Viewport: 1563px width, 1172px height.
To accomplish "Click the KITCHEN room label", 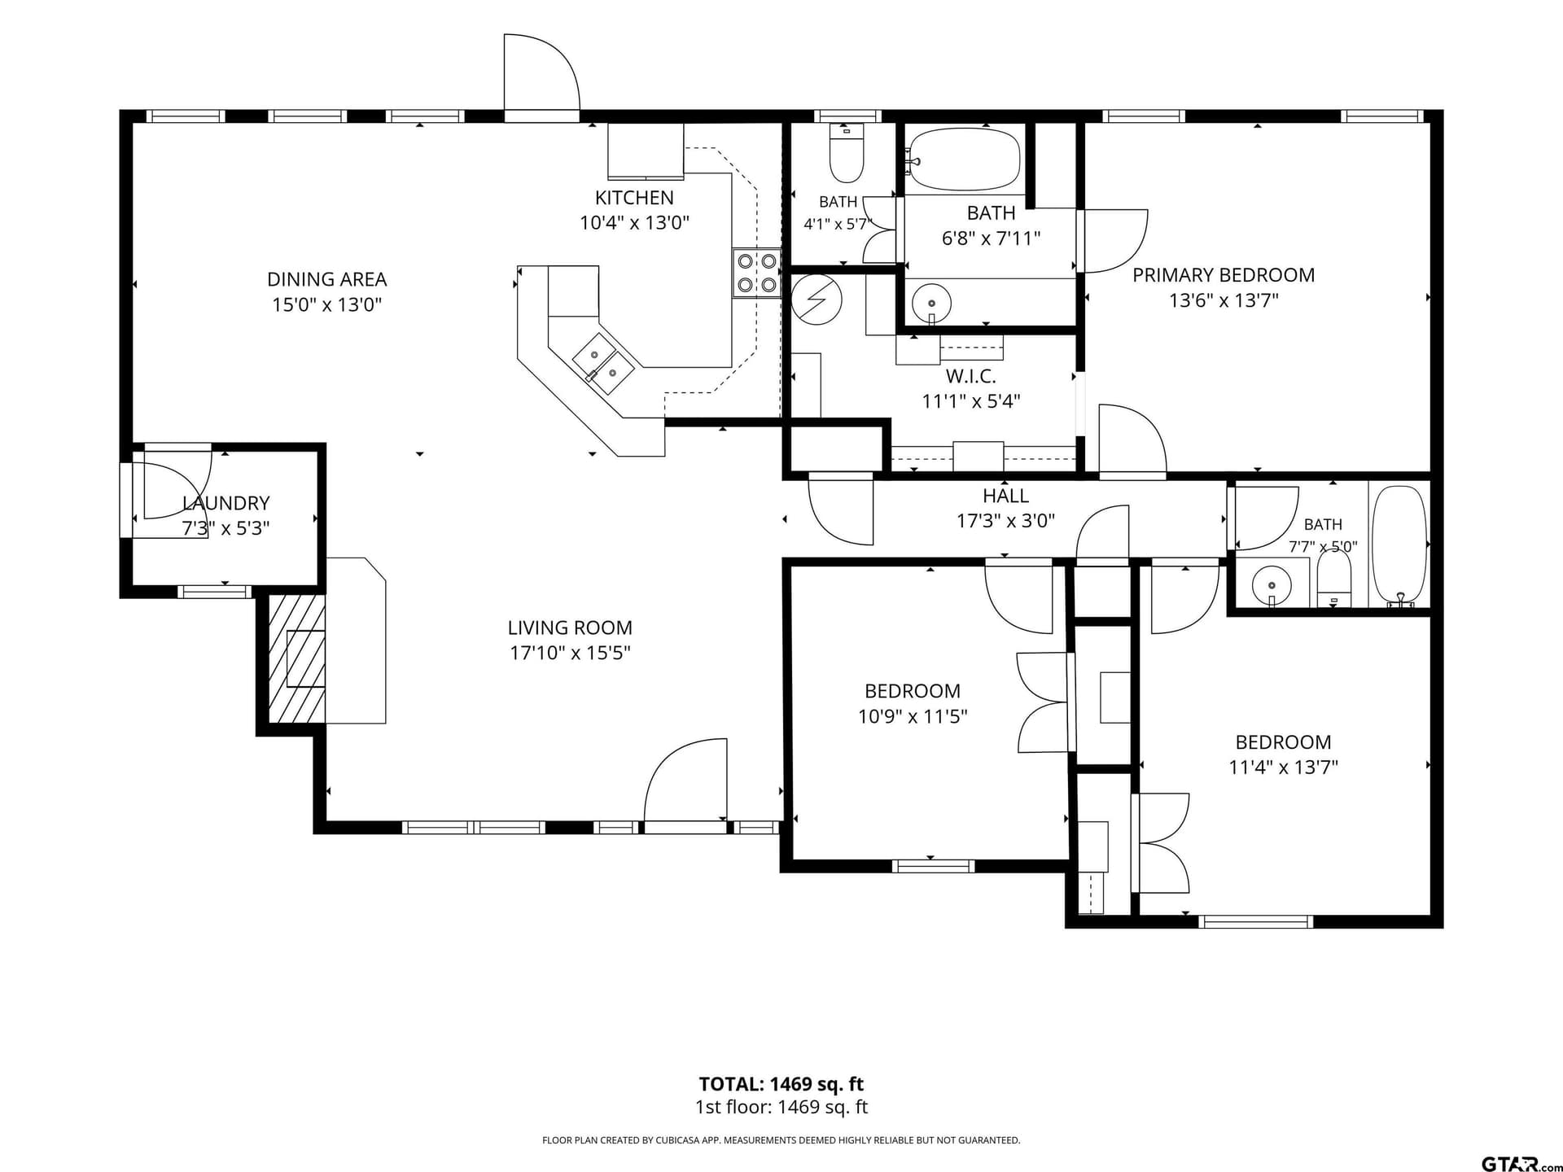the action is [x=634, y=198].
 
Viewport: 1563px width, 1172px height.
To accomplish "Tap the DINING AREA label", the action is [x=326, y=279].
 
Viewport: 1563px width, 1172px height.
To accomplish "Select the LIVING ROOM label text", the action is [x=570, y=628].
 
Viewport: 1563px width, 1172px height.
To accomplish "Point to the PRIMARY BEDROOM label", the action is [x=1224, y=275].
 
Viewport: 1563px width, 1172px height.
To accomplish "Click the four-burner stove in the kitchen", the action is [x=756, y=273].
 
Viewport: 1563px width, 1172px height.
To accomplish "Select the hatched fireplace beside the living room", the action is [x=297, y=658].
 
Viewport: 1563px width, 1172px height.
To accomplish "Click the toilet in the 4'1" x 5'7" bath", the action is [x=847, y=153].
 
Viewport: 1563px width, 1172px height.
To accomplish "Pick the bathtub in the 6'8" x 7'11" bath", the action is [x=964, y=159].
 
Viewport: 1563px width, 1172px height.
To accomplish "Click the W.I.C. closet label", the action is [x=970, y=376].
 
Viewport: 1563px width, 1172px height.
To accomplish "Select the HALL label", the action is [x=1005, y=496].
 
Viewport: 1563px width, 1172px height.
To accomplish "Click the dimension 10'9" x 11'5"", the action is [x=913, y=716].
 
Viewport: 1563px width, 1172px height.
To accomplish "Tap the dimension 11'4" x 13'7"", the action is [x=1283, y=767].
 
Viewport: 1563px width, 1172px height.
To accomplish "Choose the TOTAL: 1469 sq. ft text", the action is [x=781, y=1084].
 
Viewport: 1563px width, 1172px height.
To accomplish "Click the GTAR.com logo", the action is [x=1521, y=1164].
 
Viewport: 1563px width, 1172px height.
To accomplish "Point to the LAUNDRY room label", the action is [x=225, y=503].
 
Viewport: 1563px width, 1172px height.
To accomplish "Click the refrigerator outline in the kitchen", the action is [x=646, y=151].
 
